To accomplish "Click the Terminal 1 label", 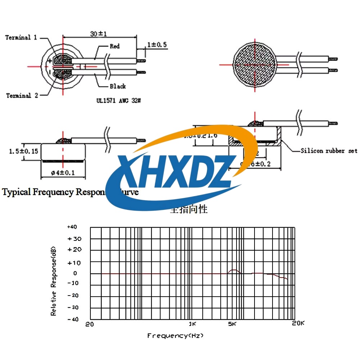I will coord(21,38).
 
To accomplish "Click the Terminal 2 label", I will coord(22,96).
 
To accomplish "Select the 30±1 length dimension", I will coord(99,34).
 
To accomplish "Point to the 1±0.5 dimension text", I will coord(157,45).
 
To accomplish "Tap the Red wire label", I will coord(114,46).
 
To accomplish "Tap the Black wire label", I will coord(118,86).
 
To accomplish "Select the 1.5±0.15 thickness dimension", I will coord(23,152).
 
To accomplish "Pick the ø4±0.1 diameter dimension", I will coord(63,172).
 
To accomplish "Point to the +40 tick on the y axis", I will coord(72,227).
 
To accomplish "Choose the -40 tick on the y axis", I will coord(72,319).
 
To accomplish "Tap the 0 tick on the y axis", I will coord(75,273).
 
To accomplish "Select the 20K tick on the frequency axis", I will coord(298,324).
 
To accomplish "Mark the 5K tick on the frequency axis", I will coord(232,324).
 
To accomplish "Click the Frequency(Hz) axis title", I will coord(175,336).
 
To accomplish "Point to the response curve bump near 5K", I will coord(234,270).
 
